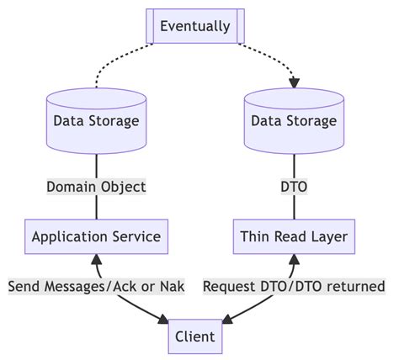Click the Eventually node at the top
194,26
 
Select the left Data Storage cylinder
96,120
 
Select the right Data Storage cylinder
294,120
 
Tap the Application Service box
96,236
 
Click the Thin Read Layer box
294,236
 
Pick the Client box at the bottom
194,337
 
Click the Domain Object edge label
96,186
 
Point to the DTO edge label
294,186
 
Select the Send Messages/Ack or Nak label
96,287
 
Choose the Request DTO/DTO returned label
294,287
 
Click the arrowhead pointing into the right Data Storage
294,83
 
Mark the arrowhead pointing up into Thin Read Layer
294,259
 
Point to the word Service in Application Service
136,236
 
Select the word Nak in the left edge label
171,287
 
